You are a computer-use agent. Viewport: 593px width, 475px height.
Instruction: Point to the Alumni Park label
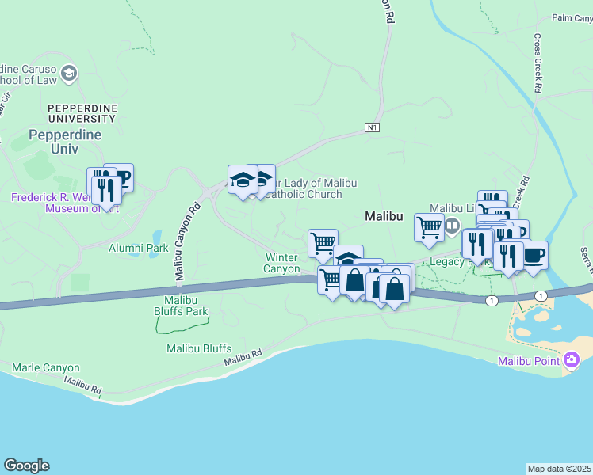pyautogui.click(x=138, y=248)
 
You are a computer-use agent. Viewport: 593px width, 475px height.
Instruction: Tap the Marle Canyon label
pyautogui.click(x=46, y=368)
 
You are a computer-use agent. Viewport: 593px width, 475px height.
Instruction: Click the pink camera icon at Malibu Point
pyautogui.click(x=572, y=361)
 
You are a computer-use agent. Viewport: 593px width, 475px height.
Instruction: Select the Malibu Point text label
pyautogui.click(x=529, y=362)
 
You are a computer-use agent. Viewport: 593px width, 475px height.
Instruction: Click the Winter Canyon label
pyautogui.click(x=281, y=263)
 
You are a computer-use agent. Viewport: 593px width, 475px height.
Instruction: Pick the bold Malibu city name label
pyautogui.click(x=384, y=215)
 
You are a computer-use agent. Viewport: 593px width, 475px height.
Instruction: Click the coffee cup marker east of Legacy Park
pyautogui.click(x=534, y=256)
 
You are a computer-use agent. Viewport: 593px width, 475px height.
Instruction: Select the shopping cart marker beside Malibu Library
pyautogui.click(x=429, y=227)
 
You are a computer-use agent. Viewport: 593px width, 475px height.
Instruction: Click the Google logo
pyautogui.click(x=26, y=465)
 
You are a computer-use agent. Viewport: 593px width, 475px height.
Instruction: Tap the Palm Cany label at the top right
pyautogui.click(x=572, y=17)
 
